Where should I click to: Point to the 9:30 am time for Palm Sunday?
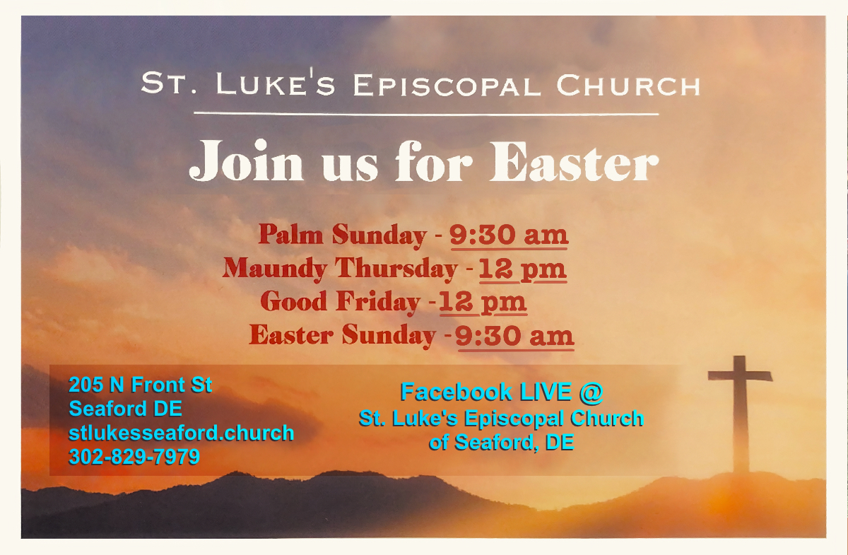[x=509, y=235]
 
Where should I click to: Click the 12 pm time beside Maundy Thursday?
[x=522, y=269]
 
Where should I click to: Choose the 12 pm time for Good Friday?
[x=483, y=302]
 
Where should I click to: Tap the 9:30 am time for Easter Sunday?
[x=514, y=335]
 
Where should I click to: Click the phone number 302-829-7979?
[x=134, y=457]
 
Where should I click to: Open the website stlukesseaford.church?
[x=181, y=433]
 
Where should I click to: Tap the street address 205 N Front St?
[x=140, y=385]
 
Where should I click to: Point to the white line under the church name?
[x=425, y=113]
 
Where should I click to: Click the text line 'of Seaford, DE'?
[x=501, y=443]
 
